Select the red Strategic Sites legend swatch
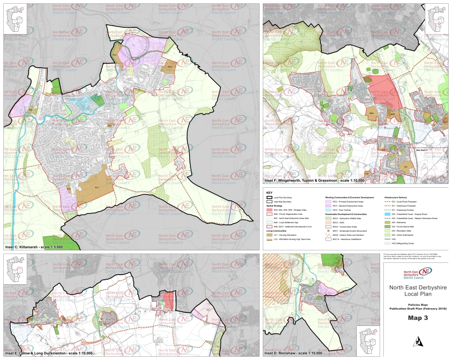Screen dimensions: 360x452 click(x=269, y=211)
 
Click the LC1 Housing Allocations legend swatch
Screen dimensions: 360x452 click(x=269, y=235)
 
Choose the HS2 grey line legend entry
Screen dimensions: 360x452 click(x=387, y=239)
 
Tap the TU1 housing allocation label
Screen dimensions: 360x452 click(x=405, y=167)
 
